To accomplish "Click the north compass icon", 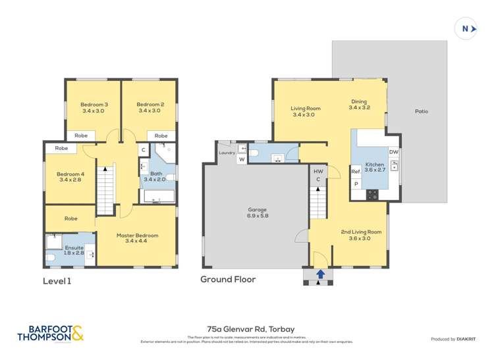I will pyautogui.click(x=466, y=28).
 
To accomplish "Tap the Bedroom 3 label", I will pyautogui.click(x=94, y=107).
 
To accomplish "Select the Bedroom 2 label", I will pyautogui.click(x=150, y=107).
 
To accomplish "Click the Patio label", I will pyautogui.click(x=421, y=111).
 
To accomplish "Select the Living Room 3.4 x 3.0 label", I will pyautogui.click(x=306, y=111).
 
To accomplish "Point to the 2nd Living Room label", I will pyautogui.click(x=361, y=235).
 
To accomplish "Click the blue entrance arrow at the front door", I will pyautogui.click(x=320, y=274).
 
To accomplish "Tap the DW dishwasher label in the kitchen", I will pyautogui.click(x=393, y=152).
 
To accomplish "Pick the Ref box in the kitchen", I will pyautogui.click(x=356, y=172).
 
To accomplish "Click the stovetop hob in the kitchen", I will pyautogui.click(x=371, y=194).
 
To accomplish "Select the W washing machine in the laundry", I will pyautogui.click(x=241, y=159).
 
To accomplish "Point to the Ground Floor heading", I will pyautogui.click(x=228, y=279).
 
